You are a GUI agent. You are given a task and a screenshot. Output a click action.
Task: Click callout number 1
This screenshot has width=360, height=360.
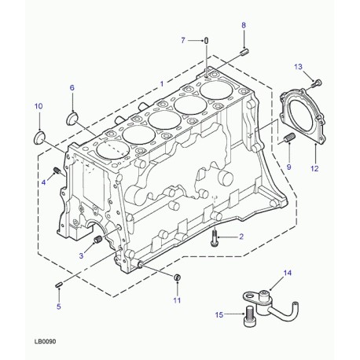point(162,83)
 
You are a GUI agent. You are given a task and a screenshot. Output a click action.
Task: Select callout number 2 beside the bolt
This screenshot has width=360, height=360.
point(241,237)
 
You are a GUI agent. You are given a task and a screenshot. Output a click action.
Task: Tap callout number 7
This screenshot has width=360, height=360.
point(183,39)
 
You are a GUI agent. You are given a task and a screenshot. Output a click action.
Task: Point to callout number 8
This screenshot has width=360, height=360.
point(244,26)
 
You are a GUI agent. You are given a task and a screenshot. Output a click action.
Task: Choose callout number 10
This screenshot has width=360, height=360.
point(39,106)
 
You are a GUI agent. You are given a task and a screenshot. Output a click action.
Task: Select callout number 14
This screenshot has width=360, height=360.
point(287,273)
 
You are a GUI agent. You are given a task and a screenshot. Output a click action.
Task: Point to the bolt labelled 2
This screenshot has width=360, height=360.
point(216,244)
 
